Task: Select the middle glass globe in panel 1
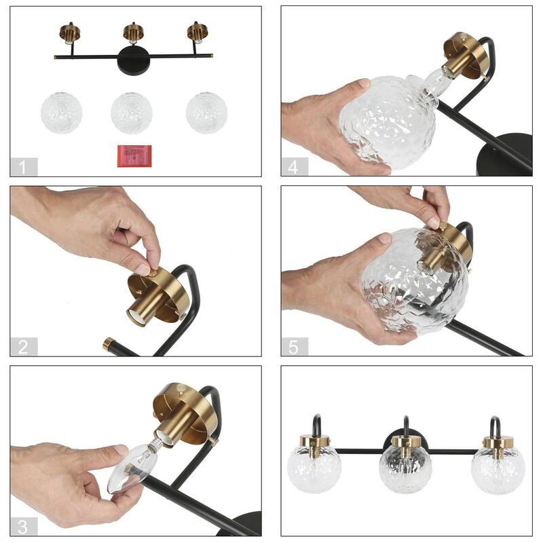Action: click(132, 113)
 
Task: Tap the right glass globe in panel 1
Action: click(206, 113)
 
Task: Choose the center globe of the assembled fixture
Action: click(405, 468)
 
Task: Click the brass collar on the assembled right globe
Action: click(498, 443)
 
